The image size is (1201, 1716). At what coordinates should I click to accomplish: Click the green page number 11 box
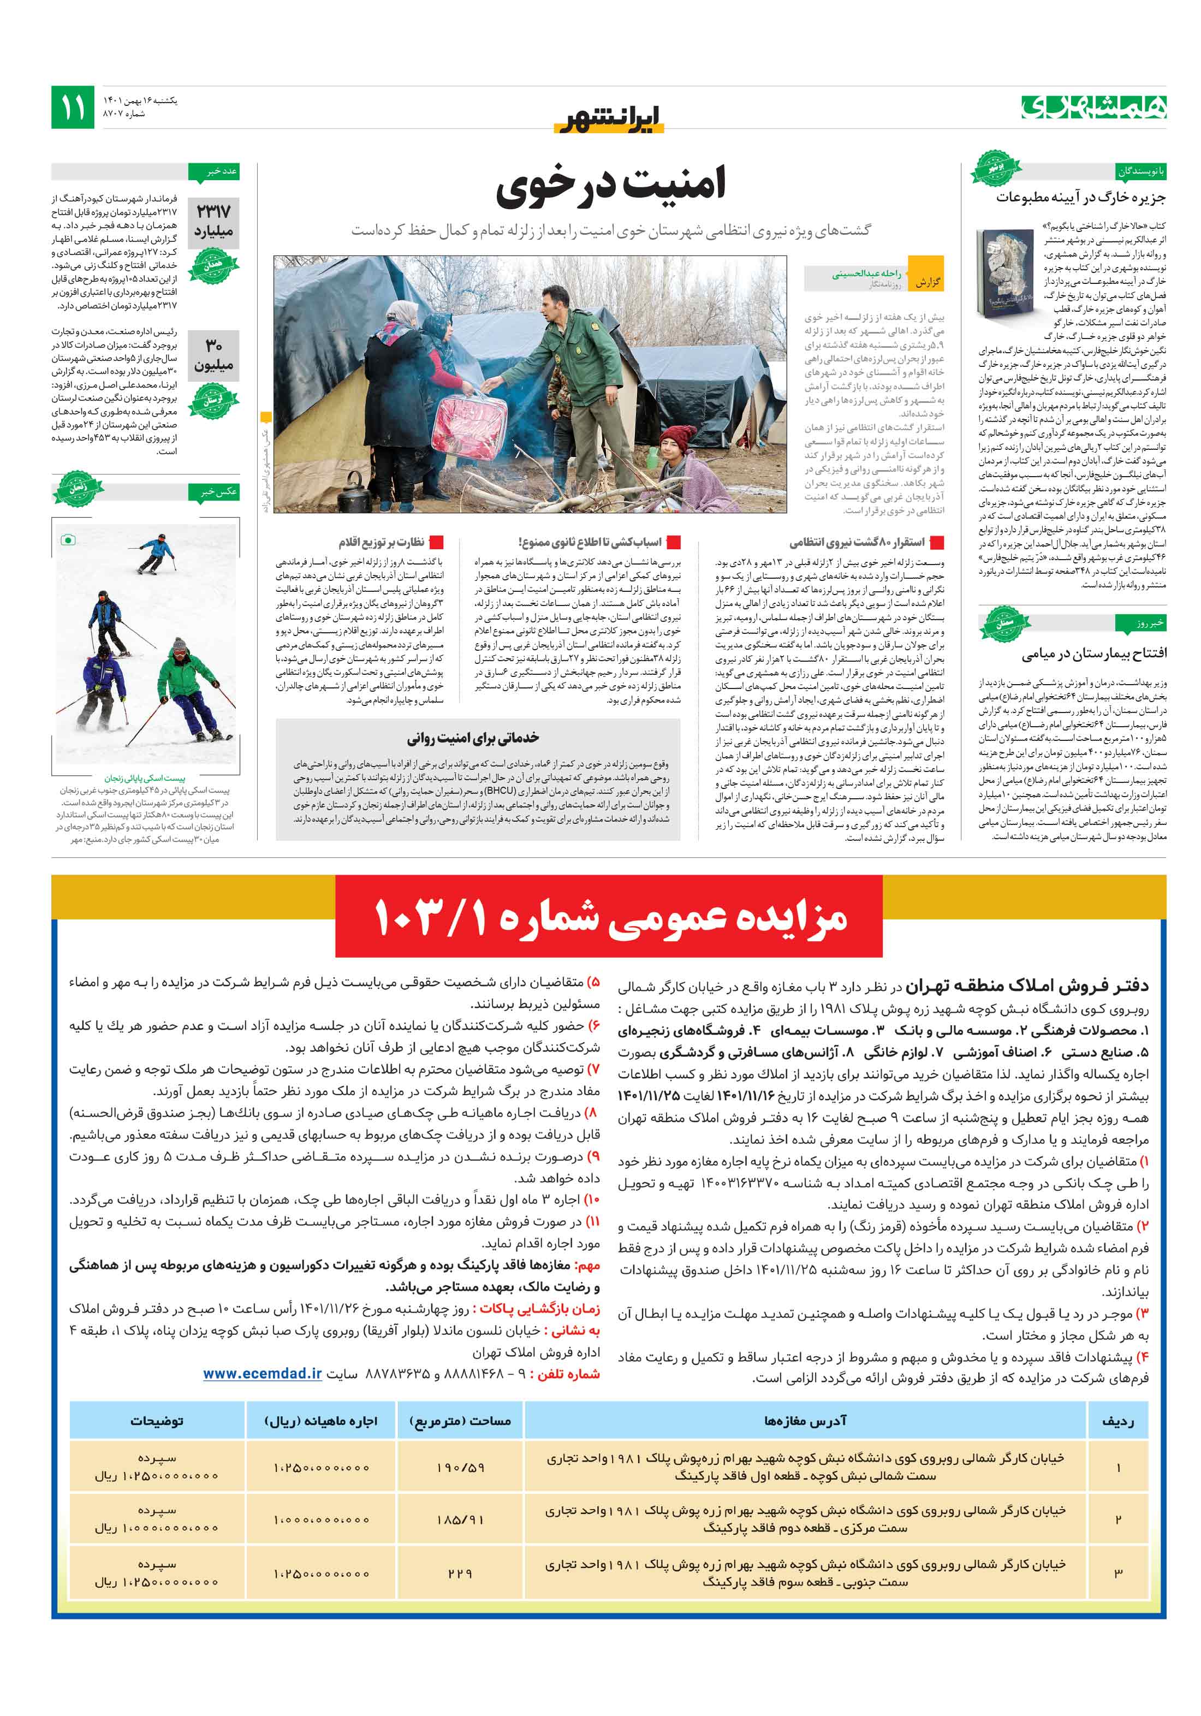click(x=73, y=108)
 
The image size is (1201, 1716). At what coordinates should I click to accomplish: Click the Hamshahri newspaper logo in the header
click(x=1093, y=108)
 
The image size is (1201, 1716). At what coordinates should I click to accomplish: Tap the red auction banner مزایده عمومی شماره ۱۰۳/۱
click(x=609, y=918)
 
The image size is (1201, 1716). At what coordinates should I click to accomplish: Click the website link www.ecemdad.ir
click(x=263, y=1373)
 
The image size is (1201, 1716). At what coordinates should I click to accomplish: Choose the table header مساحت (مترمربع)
click(x=460, y=1421)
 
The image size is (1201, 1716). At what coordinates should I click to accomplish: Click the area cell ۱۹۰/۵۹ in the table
click(x=460, y=1468)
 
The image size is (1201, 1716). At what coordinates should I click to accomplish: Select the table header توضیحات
click(x=157, y=1421)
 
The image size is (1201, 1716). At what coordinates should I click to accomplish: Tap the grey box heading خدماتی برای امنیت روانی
click(x=473, y=738)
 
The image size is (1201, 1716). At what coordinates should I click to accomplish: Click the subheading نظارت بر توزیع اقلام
click(x=381, y=542)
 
